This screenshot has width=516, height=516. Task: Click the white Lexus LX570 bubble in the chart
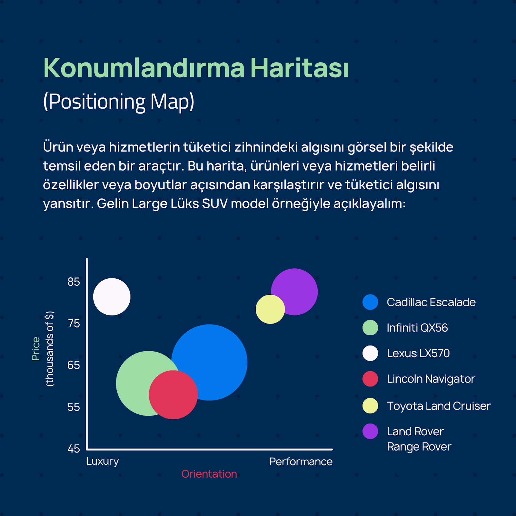112,297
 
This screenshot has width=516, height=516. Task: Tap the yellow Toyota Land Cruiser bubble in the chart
270,309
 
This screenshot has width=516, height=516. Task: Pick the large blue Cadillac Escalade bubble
213,358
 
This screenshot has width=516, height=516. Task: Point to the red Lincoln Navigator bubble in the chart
173,395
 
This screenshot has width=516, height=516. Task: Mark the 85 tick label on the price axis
74,282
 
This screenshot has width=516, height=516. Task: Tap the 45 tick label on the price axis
74,449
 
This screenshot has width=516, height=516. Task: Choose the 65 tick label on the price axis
74,365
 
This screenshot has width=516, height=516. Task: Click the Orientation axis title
209,474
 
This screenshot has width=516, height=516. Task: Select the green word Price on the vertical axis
35,349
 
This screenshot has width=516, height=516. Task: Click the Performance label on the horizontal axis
301,461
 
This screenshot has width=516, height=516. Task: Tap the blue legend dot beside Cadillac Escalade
370,302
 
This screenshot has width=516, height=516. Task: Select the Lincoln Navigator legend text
431,379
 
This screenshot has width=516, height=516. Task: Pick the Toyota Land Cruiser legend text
439,406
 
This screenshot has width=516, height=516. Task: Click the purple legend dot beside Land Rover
370,431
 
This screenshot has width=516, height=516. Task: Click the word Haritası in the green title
300,68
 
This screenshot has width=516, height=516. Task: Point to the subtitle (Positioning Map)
119,102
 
